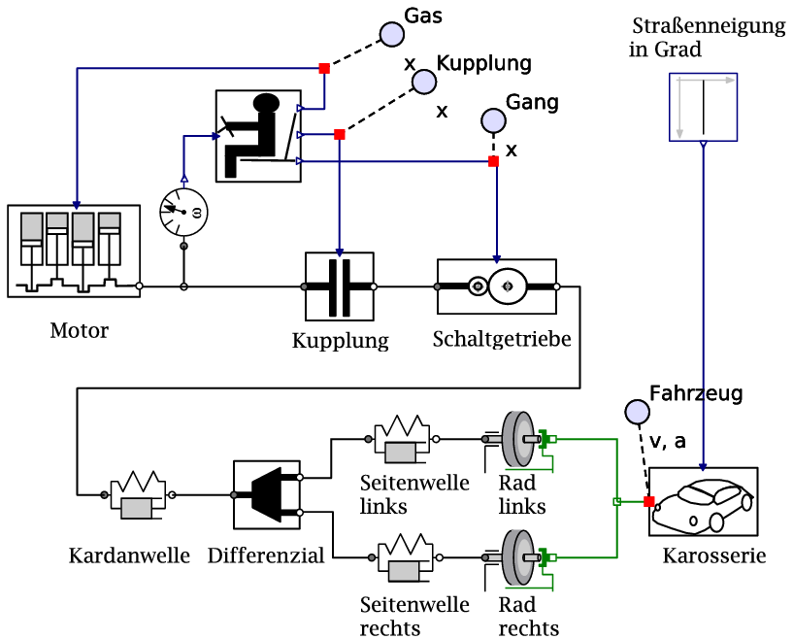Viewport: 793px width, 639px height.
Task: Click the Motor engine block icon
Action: coord(73,251)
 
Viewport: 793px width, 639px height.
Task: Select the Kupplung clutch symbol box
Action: coord(339,286)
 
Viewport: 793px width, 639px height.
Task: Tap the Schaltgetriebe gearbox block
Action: coord(496,286)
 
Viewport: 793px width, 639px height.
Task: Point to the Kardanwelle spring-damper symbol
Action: coord(138,493)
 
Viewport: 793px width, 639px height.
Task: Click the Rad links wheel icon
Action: coord(519,440)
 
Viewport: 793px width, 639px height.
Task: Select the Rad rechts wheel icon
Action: coord(519,557)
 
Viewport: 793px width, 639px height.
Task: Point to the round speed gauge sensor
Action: coord(184,210)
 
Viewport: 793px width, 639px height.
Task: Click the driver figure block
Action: coord(256,134)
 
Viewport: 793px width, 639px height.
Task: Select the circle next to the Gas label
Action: coord(391,34)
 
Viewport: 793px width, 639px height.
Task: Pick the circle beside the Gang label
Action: coord(493,120)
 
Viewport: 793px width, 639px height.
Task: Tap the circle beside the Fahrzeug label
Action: coord(637,412)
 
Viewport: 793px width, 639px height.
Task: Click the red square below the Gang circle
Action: coord(493,160)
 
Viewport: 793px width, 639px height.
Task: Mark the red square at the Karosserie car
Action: coord(649,501)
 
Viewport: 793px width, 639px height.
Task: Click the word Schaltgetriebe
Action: coord(501,340)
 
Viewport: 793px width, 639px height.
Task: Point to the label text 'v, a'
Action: coord(668,442)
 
